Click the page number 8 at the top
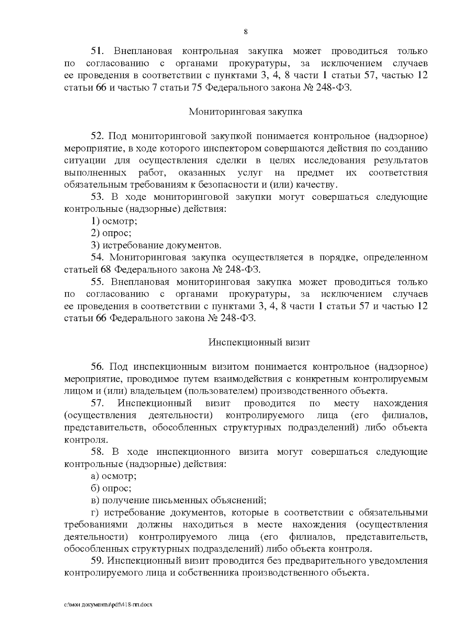pyautogui.click(x=245, y=32)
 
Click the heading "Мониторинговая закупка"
pyautogui.click(x=245, y=112)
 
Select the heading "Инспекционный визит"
pyautogui.click(x=259, y=342)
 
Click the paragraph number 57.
pyautogui.click(x=99, y=403)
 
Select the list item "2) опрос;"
pyautogui.click(x=111, y=233)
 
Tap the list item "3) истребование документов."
pyautogui.click(x=156, y=246)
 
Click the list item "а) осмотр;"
pyautogui.click(x=114, y=476)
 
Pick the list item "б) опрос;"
pyautogui.click(x=111, y=489)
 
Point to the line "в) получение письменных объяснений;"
pyautogui.click(x=178, y=501)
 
